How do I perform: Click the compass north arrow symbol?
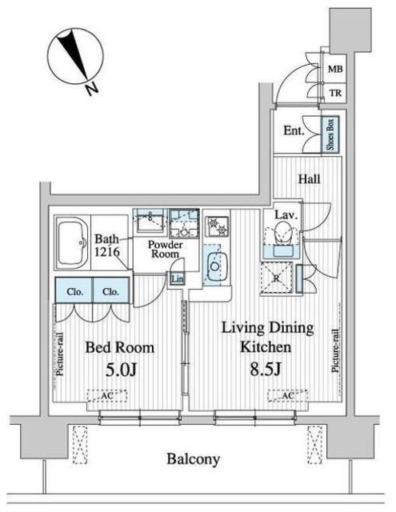[x=75, y=56]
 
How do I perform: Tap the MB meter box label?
[x=335, y=70]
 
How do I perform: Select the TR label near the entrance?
[x=335, y=93]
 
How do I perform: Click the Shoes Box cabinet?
[x=330, y=134]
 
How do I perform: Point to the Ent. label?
[x=294, y=130]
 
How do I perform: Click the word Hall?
[x=309, y=179]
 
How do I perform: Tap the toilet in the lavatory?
[x=282, y=233]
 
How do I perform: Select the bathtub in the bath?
[x=73, y=242]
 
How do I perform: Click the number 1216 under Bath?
[x=106, y=251]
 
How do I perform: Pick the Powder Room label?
[x=165, y=249]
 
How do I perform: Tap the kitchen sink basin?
[x=215, y=266]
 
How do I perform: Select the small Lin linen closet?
[x=178, y=279]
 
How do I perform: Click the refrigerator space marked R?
[x=277, y=278]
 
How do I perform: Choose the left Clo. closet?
[x=74, y=290]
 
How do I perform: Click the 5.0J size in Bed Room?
[x=121, y=370]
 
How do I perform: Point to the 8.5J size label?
[x=266, y=369]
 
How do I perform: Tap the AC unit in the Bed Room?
[x=106, y=395]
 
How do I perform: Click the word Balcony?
[x=193, y=459]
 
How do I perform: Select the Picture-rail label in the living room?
[x=335, y=350]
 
